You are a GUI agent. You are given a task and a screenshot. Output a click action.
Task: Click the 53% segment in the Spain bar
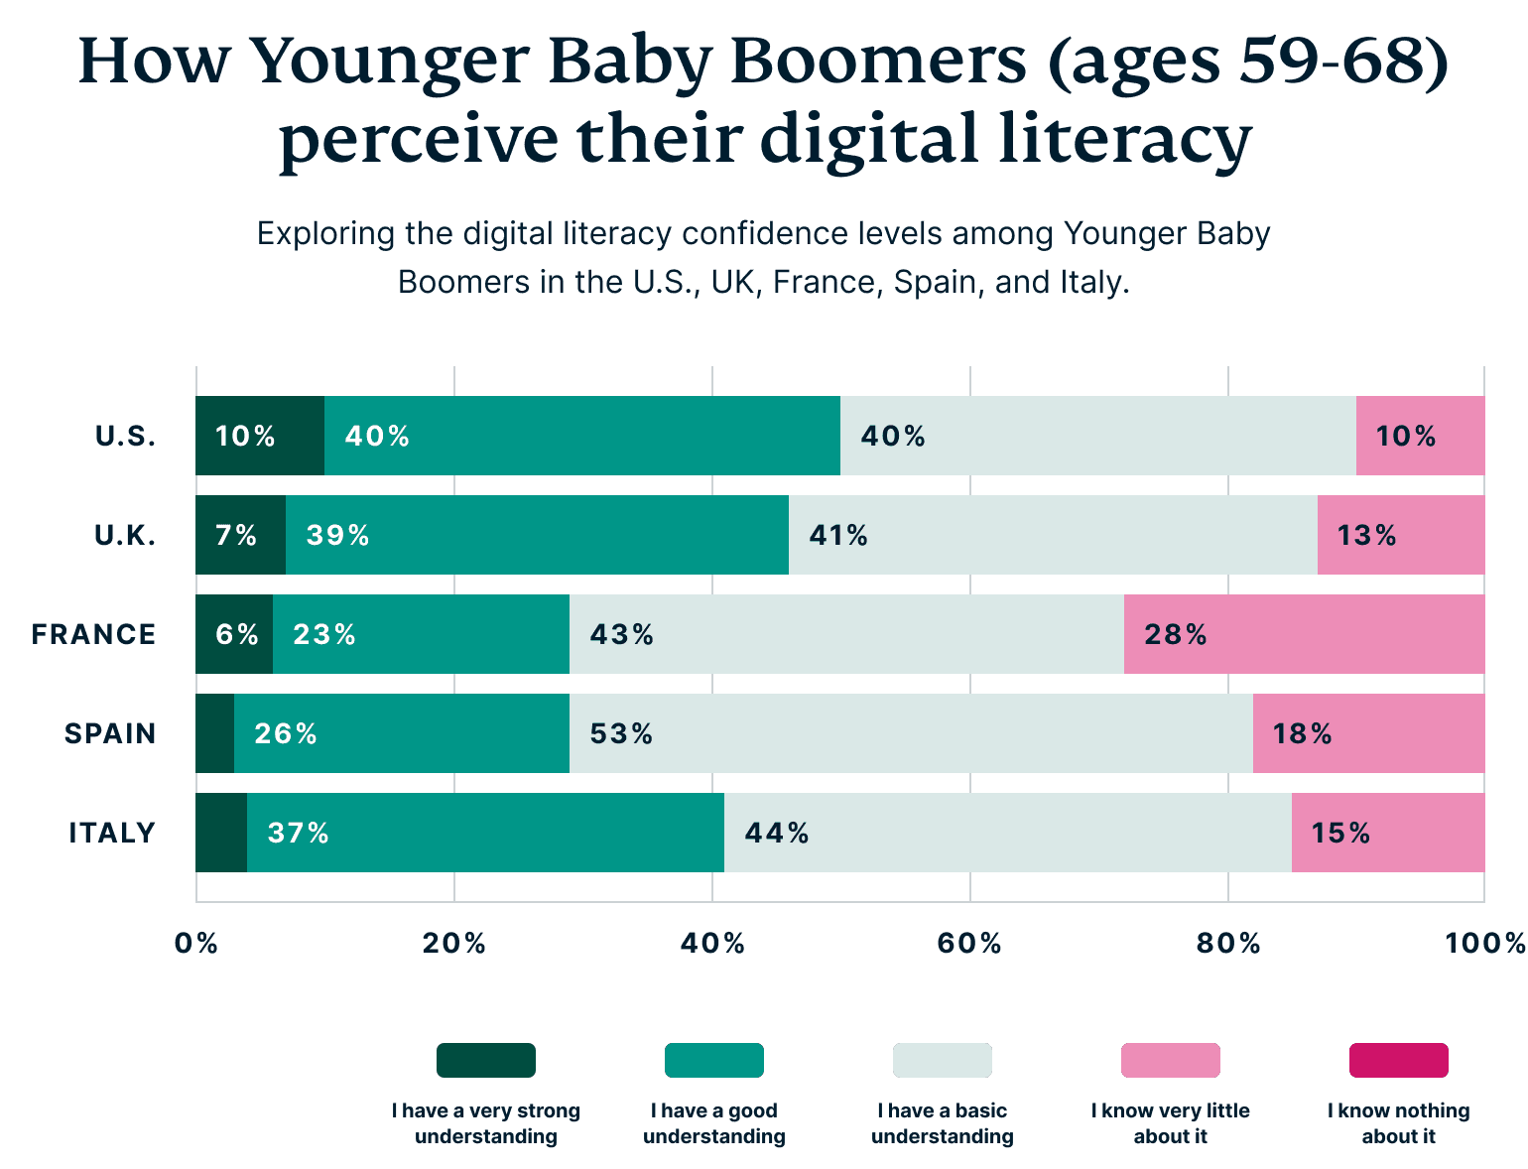911,733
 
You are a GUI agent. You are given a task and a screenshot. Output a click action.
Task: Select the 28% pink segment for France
1304,634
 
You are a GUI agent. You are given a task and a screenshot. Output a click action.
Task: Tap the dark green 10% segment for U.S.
259,436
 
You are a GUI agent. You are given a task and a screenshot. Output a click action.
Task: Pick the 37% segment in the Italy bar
485,833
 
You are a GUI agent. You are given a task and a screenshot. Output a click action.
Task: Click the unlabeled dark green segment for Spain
214,733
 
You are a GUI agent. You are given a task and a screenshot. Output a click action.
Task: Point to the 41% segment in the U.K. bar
1053,535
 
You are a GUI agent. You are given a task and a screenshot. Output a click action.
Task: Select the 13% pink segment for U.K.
1400,535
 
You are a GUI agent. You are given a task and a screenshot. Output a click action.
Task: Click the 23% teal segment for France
421,634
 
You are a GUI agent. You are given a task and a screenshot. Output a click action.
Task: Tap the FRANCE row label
93,634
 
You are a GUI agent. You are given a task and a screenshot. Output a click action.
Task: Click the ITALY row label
112,833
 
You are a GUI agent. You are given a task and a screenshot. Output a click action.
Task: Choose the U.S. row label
126,436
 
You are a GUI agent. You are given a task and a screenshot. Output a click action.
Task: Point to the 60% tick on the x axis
969,943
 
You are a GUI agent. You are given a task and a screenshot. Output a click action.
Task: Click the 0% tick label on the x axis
195,943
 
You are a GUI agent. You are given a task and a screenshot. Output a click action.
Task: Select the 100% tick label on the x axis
1484,943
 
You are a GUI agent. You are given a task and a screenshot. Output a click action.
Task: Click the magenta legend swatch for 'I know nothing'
1398,1060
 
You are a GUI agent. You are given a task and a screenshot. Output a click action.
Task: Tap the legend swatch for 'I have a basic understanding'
942,1060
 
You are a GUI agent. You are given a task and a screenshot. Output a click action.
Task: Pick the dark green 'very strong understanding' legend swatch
485,1060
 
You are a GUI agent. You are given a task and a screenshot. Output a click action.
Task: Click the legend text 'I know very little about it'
1170,1123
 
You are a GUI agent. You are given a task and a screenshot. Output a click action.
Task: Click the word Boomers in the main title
878,62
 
